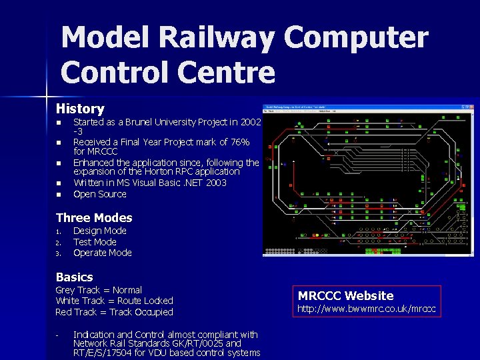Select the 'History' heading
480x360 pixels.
(x=80, y=108)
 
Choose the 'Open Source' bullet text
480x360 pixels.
(x=99, y=194)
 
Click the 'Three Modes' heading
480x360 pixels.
(x=94, y=217)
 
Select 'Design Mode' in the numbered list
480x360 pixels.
(x=99, y=231)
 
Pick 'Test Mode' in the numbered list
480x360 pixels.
(x=95, y=242)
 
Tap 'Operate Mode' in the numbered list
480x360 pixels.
(x=102, y=253)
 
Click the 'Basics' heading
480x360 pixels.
(x=74, y=277)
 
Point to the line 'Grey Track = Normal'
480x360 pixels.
(x=99, y=290)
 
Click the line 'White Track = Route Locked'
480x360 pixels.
(x=114, y=301)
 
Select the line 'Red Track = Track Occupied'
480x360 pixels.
(x=114, y=312)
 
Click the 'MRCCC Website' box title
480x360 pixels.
(x=345, y=295)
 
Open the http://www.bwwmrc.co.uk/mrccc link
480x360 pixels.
(x=366, y=309)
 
